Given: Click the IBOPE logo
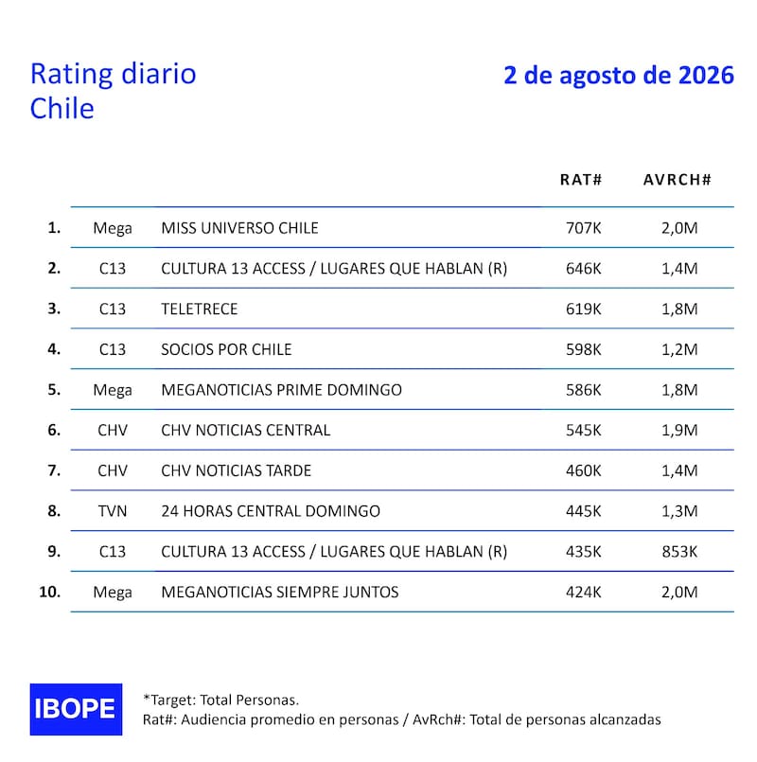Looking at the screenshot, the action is pos(76,709).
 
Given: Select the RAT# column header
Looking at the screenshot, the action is pos(581,180).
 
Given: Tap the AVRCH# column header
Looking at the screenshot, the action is pos(677,180).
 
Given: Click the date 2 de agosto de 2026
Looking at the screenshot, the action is pos(619,76).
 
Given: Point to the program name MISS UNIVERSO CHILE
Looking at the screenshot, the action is pos(239,228).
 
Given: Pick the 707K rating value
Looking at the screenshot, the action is pos(583,228).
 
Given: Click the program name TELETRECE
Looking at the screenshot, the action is pos(200,310).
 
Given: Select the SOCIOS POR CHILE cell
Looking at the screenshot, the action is pos(226,349).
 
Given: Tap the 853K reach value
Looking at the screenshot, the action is pos(679,552).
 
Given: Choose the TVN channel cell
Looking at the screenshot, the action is pos(113,511).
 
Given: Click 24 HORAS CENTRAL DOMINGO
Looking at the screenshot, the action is pos(271,511).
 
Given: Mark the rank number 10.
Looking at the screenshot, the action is pos(49,592).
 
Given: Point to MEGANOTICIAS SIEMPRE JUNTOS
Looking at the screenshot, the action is pos(280,592).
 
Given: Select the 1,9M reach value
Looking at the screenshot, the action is pos(679,430).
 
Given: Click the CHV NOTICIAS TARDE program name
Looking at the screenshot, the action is pos(237,470).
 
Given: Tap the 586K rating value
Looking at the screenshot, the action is pos(583,390).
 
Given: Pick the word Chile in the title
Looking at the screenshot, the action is pos(62,108).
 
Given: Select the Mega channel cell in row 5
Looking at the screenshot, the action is pos(113,390).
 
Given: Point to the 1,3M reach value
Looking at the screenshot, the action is pos(679,511).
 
